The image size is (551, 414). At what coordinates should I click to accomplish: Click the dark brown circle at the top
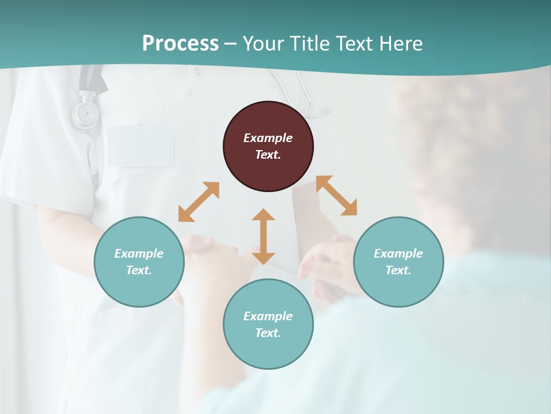(x=268, y=147)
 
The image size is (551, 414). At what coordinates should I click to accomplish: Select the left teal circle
(x=139, y=262)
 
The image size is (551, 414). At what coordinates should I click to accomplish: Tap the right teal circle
(x=398, y=262)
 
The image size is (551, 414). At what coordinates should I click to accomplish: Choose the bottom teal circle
(x=268, y=324)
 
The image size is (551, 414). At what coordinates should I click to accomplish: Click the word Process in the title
(x=180, y=44)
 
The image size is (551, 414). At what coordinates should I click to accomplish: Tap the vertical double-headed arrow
(x=263, y=236)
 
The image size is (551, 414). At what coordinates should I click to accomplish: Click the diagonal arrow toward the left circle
(x=199, y=202)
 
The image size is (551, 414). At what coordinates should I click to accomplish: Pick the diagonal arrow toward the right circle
(x=337, y=196)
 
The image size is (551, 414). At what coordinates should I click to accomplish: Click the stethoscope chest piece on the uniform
(x=84, y=115)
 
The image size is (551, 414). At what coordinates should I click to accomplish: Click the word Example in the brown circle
(x=268, y=138)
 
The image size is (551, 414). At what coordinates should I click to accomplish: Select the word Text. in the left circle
(x=139, y=270)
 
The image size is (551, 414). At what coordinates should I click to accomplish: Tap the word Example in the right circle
(x=398, y=254)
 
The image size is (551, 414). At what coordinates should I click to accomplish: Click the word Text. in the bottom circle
(x=268, y=333)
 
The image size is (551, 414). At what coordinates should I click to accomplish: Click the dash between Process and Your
(x=231, y=44)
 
